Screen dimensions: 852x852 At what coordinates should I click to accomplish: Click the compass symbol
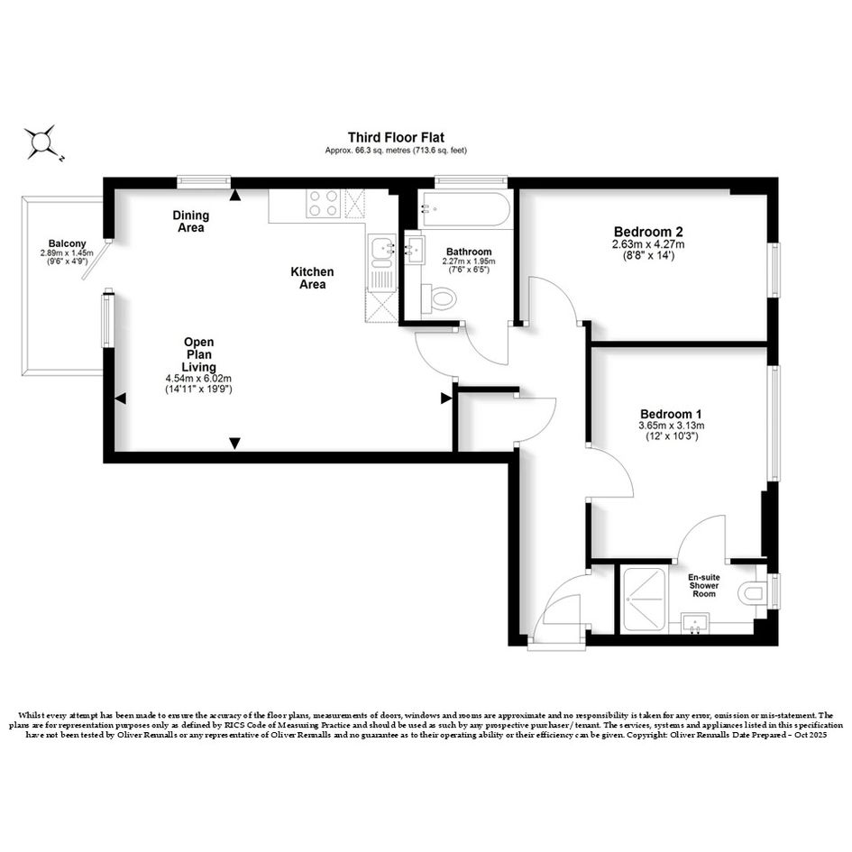pyautogui.click(x=41, y=143)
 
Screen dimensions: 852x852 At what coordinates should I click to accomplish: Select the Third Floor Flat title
pyautogui.click(x=396, y=137)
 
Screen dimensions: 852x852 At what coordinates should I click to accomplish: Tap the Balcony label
pyautogui.click(x=67, y=244)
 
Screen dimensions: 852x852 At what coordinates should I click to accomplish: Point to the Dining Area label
pyautogui.click(x=191, y=222)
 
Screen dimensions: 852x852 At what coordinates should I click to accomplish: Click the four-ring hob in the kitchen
pyautogui.click(x=324, y=203)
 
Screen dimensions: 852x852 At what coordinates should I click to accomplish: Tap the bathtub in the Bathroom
pyautogui.click(x=464, y=208)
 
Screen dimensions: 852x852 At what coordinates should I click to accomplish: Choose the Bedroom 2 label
pyautogui.click(x=648, y=232)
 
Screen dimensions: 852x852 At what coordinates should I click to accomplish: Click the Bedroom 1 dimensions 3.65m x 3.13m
pyautogui.click(x=672, y=426)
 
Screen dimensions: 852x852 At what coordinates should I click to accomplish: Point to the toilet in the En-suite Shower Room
pyautogui.click(x=754, y=592)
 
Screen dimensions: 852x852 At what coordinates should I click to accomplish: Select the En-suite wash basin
pyautogui.click(x=695, y=624)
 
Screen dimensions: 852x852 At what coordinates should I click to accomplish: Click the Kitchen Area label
pyautogui.click(x=313, y=278)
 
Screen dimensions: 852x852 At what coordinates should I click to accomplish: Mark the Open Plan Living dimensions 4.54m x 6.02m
pyautogui.click(x=199, y=379)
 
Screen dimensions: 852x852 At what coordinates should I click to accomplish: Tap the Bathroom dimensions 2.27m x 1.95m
pyautogui.click(x=469, y=261)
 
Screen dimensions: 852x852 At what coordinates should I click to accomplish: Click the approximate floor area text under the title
pyautogui.click(x=396, y=151)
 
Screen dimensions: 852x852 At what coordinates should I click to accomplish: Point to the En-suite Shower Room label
pyautogui.click(x=703, y=586)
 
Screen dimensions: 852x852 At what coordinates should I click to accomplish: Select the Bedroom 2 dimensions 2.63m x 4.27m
pyautogui.click(x=648, y=244)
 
